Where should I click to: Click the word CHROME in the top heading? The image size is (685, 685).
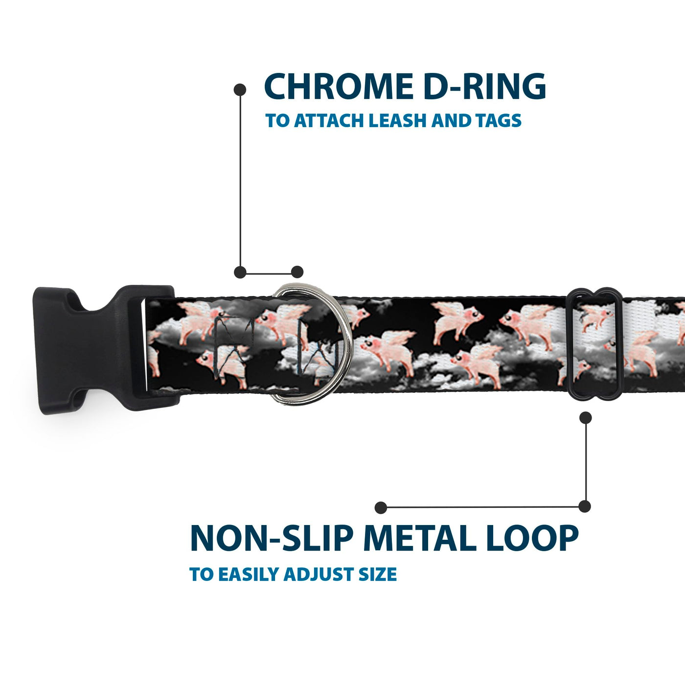pyautogui.click(x=338, y=87)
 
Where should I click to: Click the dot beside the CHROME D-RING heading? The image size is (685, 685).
pyautogui.click(x=240, y=90)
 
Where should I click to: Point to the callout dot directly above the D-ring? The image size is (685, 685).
pyautogui.click(x=297, y=272)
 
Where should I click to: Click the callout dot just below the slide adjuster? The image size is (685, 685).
pyautogui.click(x=585, y=417)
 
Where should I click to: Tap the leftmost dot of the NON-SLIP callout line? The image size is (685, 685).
pyautogui.click(x=381, y=507)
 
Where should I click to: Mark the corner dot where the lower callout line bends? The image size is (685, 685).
pyautogui.click(x=585, y=506)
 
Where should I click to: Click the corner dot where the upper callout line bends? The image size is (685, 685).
pyautogui.click(x=240, y=272)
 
